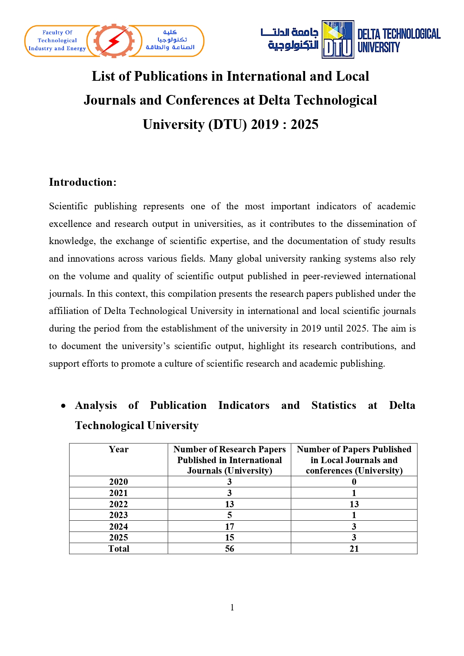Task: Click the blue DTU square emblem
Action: point(338,40)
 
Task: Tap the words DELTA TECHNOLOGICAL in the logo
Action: point(399,34)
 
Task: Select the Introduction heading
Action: point(83,182)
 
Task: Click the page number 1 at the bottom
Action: point(232,607)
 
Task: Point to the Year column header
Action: point(119,449)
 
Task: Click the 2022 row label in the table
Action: point(119,504)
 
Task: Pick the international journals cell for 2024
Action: point(230,526)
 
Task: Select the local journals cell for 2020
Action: point(354,482)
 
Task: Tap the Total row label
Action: point(119,549)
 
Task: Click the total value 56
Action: point(230,549)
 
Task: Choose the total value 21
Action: point(354,549)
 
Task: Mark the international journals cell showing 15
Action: point(230,538)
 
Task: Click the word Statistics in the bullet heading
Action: point(334,406)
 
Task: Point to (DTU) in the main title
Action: point(228,124)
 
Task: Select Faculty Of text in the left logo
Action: point(57,33)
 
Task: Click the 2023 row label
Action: point(119,515)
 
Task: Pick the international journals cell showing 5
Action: point(230,515)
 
